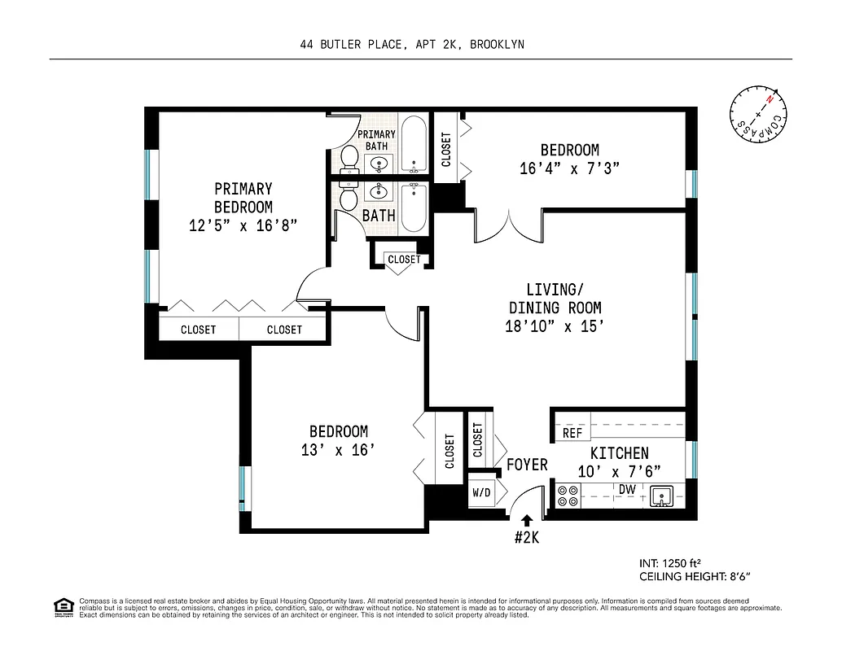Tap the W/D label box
click(480, 493)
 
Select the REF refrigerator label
click(572, 434)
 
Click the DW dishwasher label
click(627, 489)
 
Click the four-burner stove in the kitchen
click(567, 496)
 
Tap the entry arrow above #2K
click(527, 519)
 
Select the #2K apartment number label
click(526, 537)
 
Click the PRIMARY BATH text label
click(377, 140)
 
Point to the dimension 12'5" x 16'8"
click(243, 226)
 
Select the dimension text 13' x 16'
click(338, 449)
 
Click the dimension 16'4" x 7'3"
click(569, 168)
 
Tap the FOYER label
click(527, 465)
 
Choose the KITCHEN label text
click(619, 453)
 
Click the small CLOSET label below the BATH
click(404, 260)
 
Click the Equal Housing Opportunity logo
click(62, 606)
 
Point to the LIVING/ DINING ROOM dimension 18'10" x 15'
click(555, 326)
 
